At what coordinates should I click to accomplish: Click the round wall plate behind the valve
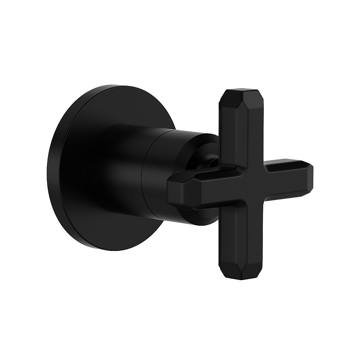point(72,173)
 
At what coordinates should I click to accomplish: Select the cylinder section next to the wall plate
point(115,173)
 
